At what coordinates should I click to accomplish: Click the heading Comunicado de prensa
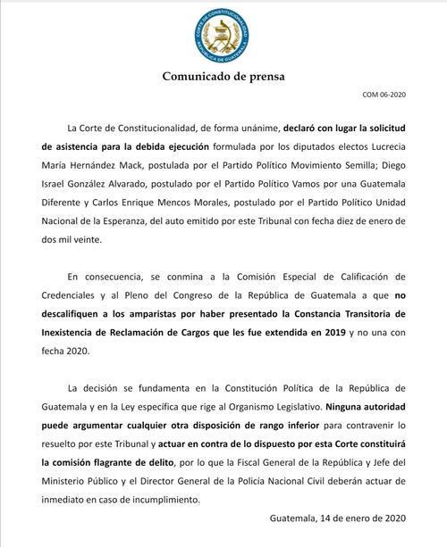(x=223, y=76)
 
